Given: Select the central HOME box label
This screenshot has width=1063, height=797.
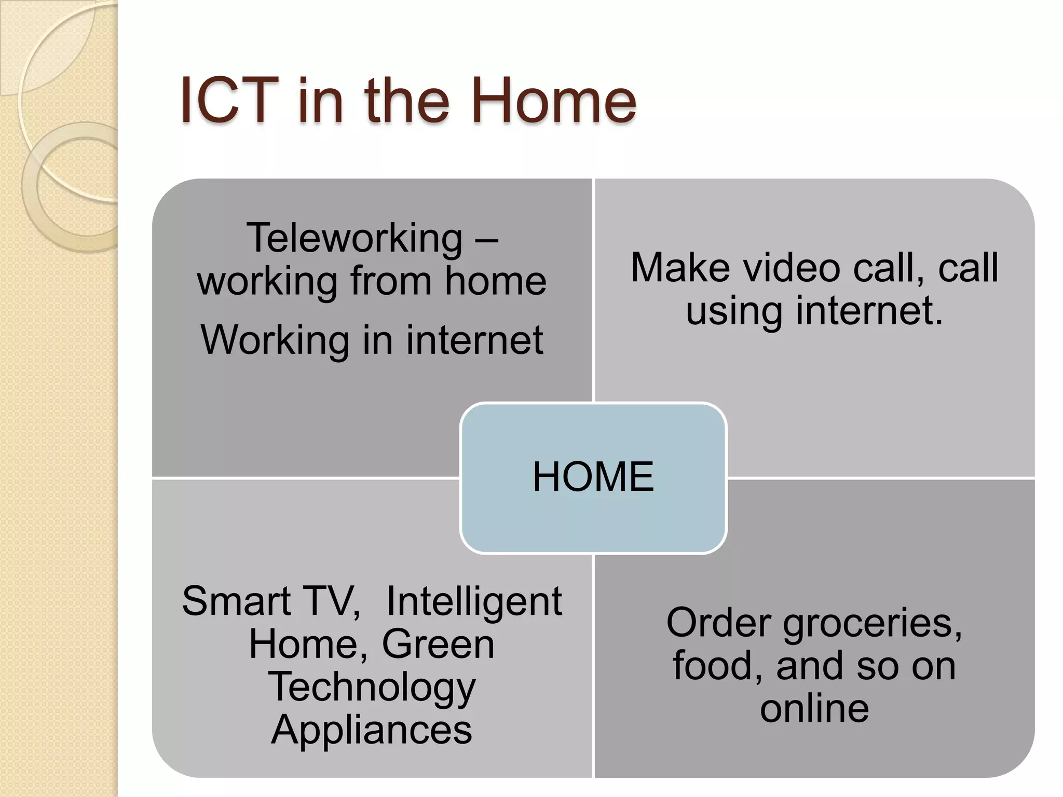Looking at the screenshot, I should point(593,477).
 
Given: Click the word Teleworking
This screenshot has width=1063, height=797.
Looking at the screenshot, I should point(354,238).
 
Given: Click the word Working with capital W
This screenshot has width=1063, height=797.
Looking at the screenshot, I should point(275,340).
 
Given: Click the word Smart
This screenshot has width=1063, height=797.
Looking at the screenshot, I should point(236,601).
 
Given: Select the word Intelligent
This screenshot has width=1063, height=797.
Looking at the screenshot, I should point(474,601).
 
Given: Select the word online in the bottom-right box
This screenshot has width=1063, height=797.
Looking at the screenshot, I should point(814,709).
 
